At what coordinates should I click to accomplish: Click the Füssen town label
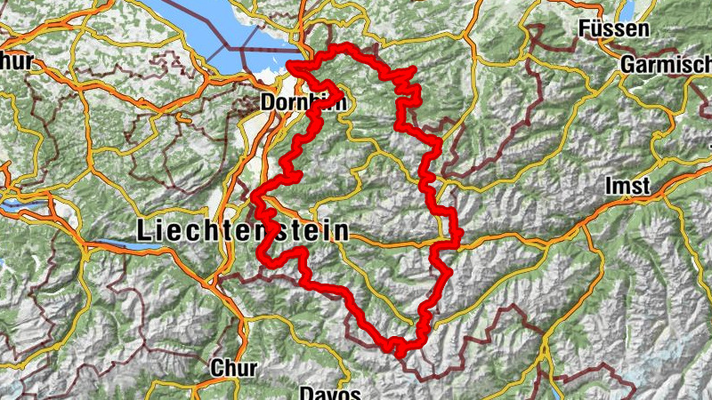click(x=612, y=29)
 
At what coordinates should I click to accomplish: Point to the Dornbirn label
click(x=303, y=103)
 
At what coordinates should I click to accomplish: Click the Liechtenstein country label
click(x=242, y=231)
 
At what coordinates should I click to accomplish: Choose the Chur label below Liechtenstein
click(x=234, y=367)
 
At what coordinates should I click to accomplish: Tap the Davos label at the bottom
click(x=329, y=393)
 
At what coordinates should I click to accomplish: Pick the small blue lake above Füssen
click(x=629, y=8)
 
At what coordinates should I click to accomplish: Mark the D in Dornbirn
click(x=268, y=103)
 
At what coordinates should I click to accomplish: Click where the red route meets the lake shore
click(x=292, y=65)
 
